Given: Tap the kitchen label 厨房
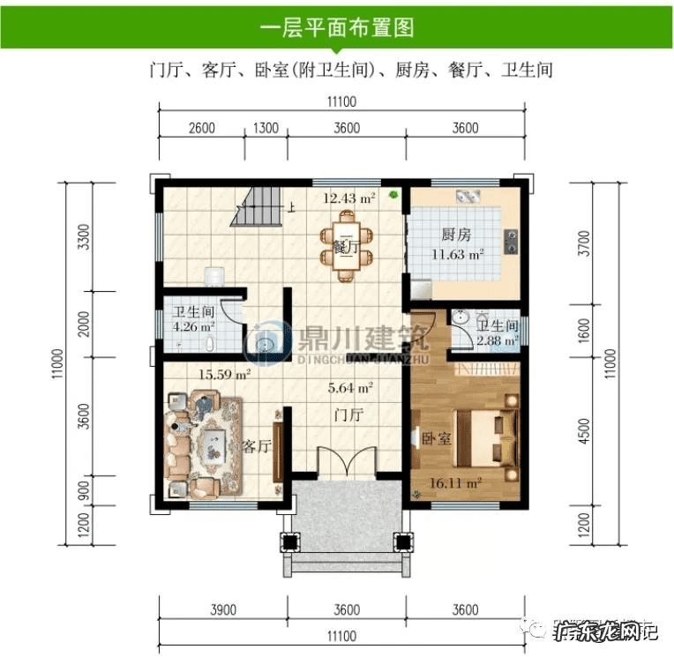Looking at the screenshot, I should tap(456, 236).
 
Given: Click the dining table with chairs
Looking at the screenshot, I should tap(347, 249).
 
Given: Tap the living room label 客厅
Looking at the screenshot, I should tap(255, 446).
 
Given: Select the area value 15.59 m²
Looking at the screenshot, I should tap(224, 374).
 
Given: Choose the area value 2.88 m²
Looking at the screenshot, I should tap(497, 339).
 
